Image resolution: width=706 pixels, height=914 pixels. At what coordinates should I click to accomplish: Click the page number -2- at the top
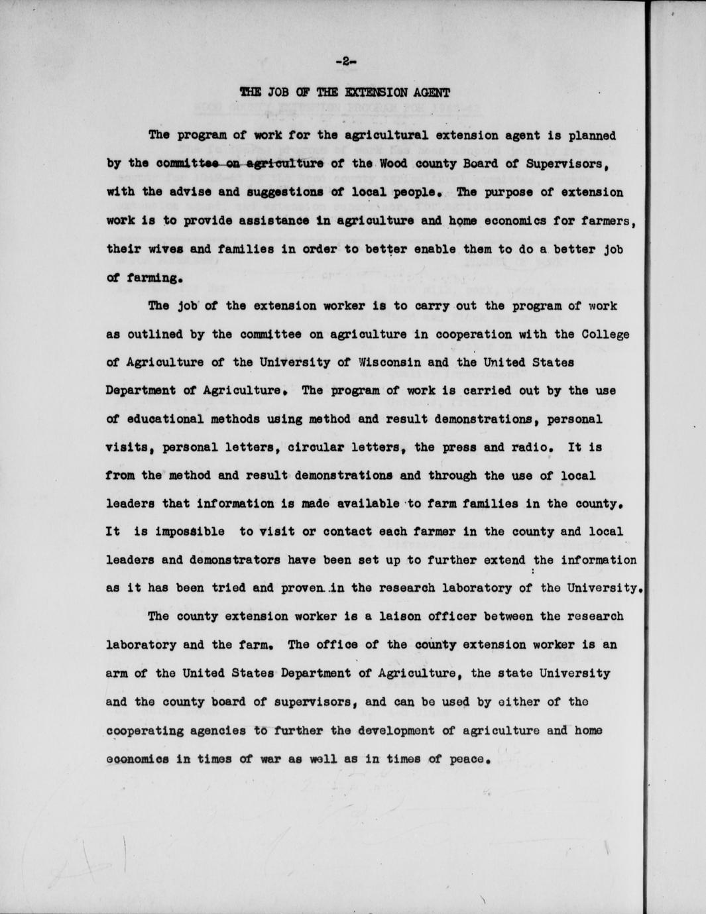tap(346, 61)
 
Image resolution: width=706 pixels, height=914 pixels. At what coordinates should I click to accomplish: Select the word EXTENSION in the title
tap(372, 93)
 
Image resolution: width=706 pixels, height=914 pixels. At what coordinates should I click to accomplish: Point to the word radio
tap(535, 447)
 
